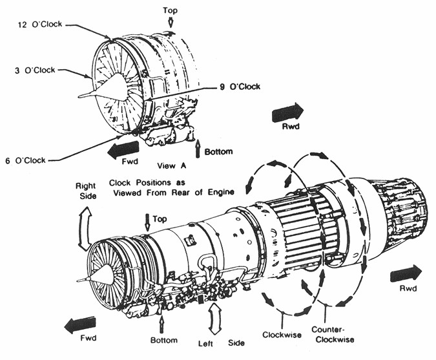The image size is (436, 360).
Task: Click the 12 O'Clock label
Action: pos(40,25)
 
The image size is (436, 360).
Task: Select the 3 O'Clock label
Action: pos(35,70)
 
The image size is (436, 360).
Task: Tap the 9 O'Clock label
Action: pos(240,87)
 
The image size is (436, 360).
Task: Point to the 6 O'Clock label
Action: pos(25,160)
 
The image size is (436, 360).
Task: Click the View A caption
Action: pos(172,166)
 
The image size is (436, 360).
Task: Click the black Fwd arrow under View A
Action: pos(123,149)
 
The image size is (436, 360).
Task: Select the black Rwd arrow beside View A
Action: pos(287,112)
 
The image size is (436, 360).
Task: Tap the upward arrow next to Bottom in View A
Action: pos(198,148)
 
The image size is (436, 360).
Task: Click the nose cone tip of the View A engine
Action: pos(79,96)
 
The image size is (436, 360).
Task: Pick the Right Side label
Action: pos(86,191)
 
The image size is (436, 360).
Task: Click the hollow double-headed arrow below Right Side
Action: pos(85,229)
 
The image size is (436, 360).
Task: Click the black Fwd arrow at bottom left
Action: pos(80,324)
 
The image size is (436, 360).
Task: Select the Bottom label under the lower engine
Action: pos(164,340)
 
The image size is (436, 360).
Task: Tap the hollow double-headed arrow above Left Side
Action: pos(214,319)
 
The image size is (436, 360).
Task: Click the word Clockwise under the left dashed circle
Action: pos(282,334)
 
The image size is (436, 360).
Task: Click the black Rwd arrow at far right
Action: pos(406,274)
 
